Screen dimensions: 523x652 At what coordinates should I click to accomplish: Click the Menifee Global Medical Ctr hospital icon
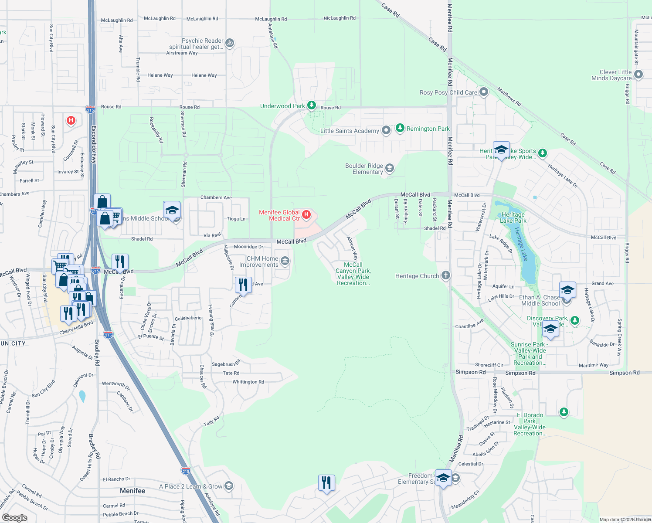coord(306,214)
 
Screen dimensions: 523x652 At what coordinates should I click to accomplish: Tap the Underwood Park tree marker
coord(311,105)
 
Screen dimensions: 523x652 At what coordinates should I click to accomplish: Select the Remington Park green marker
coord(400,128)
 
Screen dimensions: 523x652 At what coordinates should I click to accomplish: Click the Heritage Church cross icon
coord(445,275)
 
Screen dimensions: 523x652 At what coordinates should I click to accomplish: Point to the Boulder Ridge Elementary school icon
coord(390,168)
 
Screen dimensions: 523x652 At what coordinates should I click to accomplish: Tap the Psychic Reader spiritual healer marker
coord(230,43)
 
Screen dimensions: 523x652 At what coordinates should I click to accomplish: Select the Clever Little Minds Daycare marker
coord(638,75)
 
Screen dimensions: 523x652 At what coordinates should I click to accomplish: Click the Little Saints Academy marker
coord(386,130)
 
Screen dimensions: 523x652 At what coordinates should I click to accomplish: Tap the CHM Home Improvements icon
coord(285,261)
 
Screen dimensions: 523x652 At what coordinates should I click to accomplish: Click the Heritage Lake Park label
coord(513,217)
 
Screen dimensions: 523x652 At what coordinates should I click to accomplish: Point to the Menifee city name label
coord(132,491)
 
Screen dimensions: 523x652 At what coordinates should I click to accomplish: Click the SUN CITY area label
coord(13,343)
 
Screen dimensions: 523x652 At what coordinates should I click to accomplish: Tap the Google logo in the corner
coord(14,517)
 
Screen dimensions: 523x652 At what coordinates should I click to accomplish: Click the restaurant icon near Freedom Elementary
coord(326,483)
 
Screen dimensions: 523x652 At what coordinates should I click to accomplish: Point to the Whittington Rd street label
coord(248,382)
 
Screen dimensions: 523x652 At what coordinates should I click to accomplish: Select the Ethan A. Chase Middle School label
coord(540,300)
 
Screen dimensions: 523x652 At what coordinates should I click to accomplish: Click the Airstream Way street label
coord(182,53)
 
